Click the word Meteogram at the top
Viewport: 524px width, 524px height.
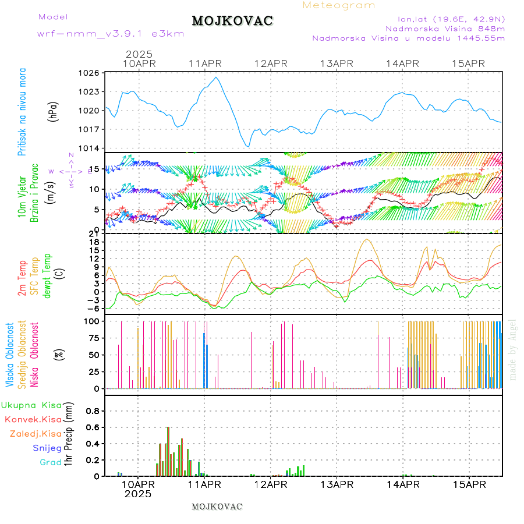pos(339,5)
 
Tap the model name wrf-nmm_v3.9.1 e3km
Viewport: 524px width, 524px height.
pos(111,34)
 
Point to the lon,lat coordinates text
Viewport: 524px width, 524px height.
pos(451,19)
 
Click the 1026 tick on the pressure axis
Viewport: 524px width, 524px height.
pos(90,73)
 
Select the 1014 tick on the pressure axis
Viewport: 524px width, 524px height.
pos(90,148)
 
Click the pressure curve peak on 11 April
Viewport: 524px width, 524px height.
pos(217,77)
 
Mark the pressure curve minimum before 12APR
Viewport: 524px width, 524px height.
pos(248,146)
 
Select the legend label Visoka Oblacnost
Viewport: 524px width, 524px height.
pos(10,355)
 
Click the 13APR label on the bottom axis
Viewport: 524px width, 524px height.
pos(337,484)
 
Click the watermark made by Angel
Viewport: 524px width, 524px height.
pos(513,349)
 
